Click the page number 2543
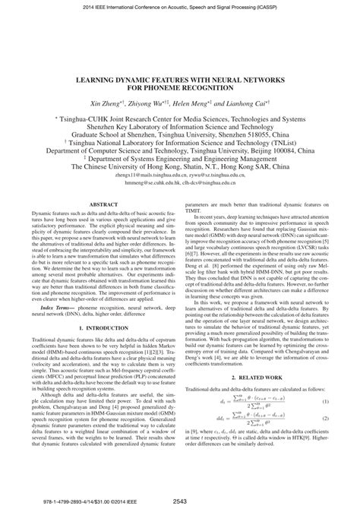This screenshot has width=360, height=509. [x=180, y=501]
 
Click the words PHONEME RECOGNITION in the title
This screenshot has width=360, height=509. [x=180, y=87]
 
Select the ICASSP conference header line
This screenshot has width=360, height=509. [x=180, y=7]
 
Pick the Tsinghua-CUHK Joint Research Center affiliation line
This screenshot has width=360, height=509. [x=180, y=119]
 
